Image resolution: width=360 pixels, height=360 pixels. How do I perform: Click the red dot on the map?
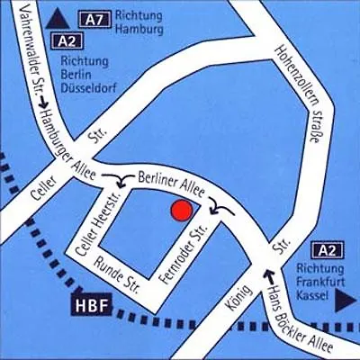[x=181, y=211]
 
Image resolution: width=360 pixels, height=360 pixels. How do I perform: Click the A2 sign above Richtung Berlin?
[x=67, y=40]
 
